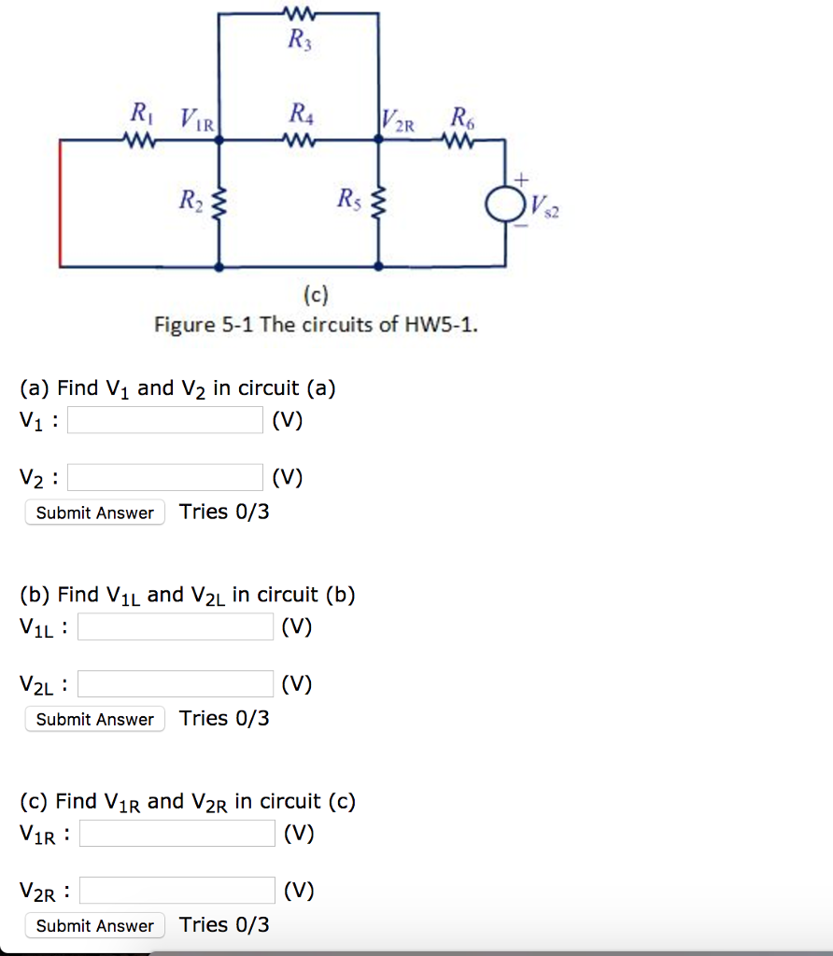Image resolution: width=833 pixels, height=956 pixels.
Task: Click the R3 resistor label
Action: [x=297, y=40]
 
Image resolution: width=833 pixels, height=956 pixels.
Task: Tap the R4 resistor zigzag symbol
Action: [x=298, y=142]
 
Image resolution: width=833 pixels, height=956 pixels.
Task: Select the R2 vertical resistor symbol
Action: [x=219, y=201]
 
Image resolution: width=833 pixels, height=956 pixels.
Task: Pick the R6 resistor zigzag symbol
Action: [x=460, y=142]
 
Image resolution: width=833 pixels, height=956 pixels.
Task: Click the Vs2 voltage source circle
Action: [x=506, y=204]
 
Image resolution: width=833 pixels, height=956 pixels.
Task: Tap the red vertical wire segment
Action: [x=62, y=204]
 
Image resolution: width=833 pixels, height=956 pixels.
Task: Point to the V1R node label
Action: [x=197, y=119]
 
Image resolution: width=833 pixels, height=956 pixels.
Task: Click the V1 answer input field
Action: [x=165, y=420]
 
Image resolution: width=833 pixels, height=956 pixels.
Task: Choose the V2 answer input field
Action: [x=165, y=478]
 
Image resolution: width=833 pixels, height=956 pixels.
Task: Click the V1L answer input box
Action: [x=176, y=626]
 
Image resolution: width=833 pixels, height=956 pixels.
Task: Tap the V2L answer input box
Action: [x=176, y=684]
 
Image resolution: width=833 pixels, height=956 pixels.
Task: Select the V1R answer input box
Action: [x=177, y=833]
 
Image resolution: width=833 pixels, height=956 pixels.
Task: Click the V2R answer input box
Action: [x=177, y=891]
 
